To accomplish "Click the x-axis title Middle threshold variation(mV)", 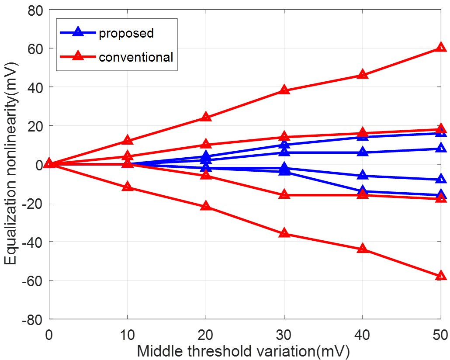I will [x=244, y=350].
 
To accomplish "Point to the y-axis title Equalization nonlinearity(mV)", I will [x=11, y=164].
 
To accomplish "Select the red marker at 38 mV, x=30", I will [x=284, y=90].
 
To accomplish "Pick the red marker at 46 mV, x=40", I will [x=363, y=75].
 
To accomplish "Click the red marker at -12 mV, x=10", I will [x=127, y=187].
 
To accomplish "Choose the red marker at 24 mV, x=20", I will [x=206, y=117].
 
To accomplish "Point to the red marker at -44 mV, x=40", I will [x=363, y=249].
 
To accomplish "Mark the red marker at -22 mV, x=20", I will [x=206, y=206].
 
